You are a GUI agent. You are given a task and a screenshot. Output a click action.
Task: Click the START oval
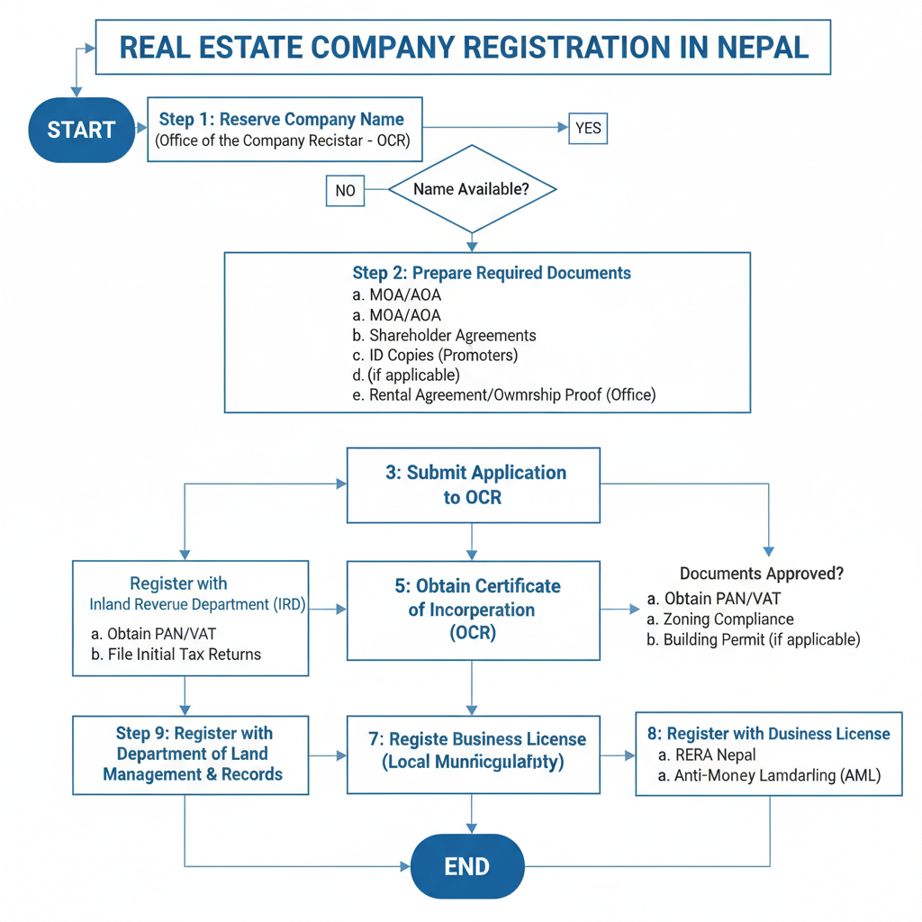pos(81,130)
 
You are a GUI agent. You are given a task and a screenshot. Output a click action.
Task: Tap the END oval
pos(466,866)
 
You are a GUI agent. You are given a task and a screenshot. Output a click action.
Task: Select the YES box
pos(588,128)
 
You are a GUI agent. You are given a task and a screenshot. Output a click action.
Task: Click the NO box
pos(345,191)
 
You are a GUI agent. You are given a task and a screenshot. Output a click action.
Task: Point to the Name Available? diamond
pos(471,189)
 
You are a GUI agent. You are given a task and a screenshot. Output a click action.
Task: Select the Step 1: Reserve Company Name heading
pos(282,119)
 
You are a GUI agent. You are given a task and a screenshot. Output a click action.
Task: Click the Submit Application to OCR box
pos(473,484)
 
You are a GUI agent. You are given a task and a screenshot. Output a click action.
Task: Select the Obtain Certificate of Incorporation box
pos(473,610)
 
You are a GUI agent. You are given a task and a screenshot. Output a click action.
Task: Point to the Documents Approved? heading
pos(762,574)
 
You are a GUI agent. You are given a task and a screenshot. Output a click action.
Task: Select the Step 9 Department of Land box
pos(191,755)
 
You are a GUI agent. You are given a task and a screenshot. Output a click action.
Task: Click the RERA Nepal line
pos(708,755)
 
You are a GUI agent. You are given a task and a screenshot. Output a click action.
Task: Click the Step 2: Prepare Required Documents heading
pos(492,273)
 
